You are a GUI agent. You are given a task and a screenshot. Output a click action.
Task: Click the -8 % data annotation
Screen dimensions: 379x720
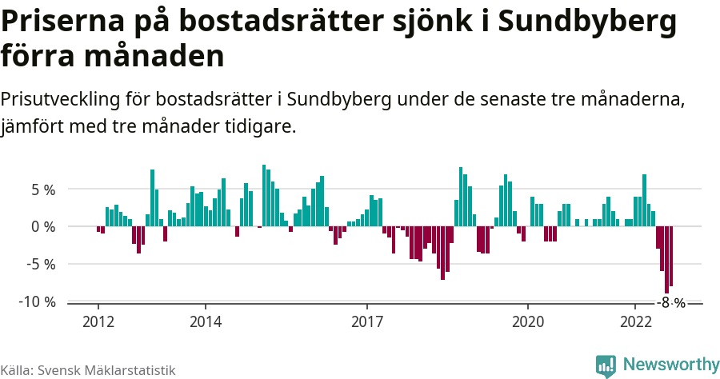(x=671, y=303)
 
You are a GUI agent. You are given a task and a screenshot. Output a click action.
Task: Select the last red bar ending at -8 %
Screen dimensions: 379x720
(x=671, y=256)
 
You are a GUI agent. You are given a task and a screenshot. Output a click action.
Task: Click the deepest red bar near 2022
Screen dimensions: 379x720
(x=666, y=260)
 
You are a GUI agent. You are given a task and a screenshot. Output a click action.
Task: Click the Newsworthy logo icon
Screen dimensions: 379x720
(x=606, y=365)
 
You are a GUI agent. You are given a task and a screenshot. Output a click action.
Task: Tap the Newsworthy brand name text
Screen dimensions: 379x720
(x=670, y=365)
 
